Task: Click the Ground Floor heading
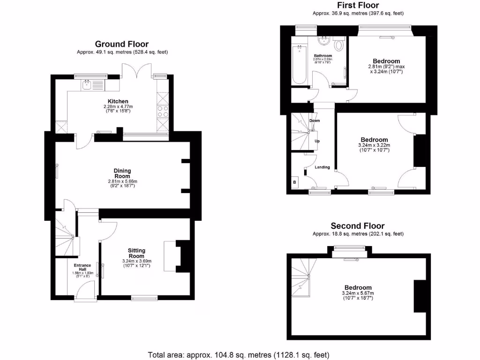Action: point(122,44)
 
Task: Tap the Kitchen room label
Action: point(118,101)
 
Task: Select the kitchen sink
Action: point(87,84)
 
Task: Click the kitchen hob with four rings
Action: point(162,112)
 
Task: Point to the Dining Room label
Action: point(122,173)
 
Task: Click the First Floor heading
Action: point(358,5)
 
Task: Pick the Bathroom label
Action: point(323,56)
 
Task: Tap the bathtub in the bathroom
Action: point(298,64)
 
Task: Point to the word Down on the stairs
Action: point(315,120)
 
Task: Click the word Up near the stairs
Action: point(317,141)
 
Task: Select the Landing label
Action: point(322,167)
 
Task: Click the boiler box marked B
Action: point(295,182)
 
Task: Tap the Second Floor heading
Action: point(358,225)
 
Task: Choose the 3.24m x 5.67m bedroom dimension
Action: point(358,293)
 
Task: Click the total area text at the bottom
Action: point(239,354)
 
